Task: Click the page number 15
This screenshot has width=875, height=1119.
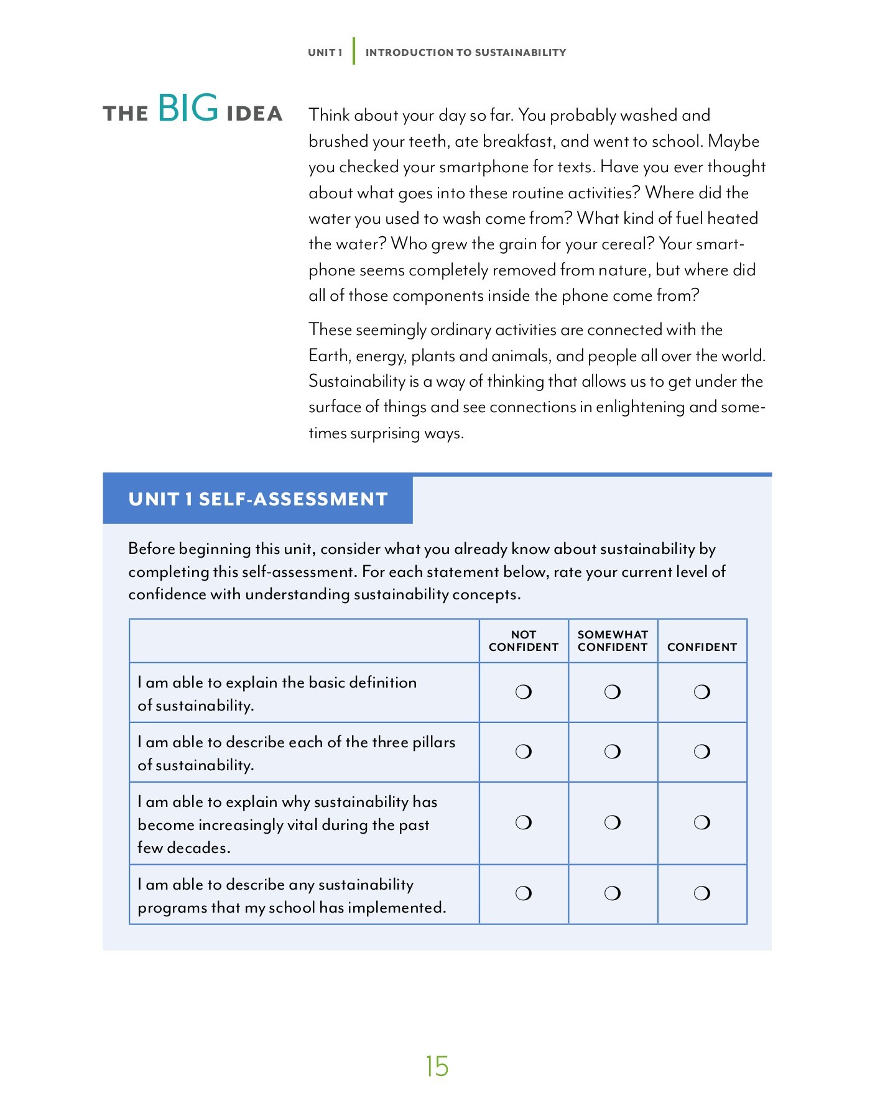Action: pos(437,1066)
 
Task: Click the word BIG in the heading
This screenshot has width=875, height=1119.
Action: pos(188,108)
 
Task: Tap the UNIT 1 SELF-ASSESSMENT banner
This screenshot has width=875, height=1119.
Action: pos(257,499)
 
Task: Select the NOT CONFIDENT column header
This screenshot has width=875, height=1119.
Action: pos(524,641)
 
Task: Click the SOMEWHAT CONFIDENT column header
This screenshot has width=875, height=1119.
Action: pos(613,641)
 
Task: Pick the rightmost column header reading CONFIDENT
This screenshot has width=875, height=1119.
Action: pos(701,647)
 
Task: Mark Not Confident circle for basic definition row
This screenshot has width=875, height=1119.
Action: pos(524,692)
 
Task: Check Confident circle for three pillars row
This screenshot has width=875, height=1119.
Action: pos(702,752)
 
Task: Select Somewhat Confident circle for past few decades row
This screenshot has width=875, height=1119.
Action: pos(613,822)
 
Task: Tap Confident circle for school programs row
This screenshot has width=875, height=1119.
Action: pos(702,893)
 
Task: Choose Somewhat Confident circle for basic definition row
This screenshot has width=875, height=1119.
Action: pos(613,692)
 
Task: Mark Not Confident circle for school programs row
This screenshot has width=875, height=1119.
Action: pos(524,893)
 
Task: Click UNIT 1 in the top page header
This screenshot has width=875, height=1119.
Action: pos(325,53)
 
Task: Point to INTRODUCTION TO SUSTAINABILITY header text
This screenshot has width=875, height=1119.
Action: pos(465,53)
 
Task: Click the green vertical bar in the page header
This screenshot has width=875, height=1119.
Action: pos(354,51)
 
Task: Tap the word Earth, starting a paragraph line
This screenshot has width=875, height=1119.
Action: pos(330,356)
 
